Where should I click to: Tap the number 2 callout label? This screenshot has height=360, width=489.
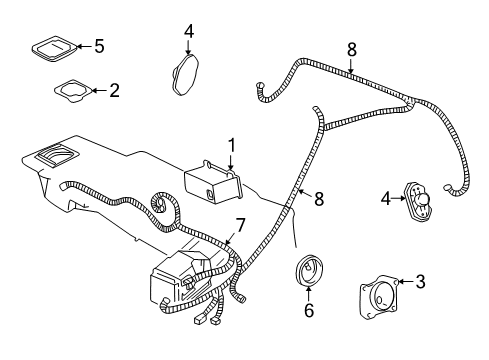click(x=114, y=90)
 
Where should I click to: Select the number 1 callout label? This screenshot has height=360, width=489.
click(x=232, y=145)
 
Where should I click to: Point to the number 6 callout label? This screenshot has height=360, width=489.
click(x=309, y=312)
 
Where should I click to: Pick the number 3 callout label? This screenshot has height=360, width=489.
click(x=420, y=281)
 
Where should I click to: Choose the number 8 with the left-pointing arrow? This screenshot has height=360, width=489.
click(x=320, y=199)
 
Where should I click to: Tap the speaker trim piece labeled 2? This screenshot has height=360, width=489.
click(x=73, y=91)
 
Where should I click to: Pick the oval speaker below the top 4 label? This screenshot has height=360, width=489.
click(x=184, y=73)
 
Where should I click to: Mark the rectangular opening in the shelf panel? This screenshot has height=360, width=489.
click(x=55, y=155)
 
